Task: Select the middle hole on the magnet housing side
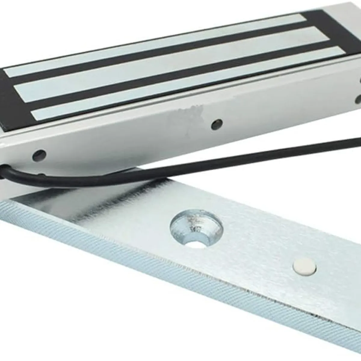[x=217, y=124]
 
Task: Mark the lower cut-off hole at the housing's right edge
[x=359, y=99]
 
